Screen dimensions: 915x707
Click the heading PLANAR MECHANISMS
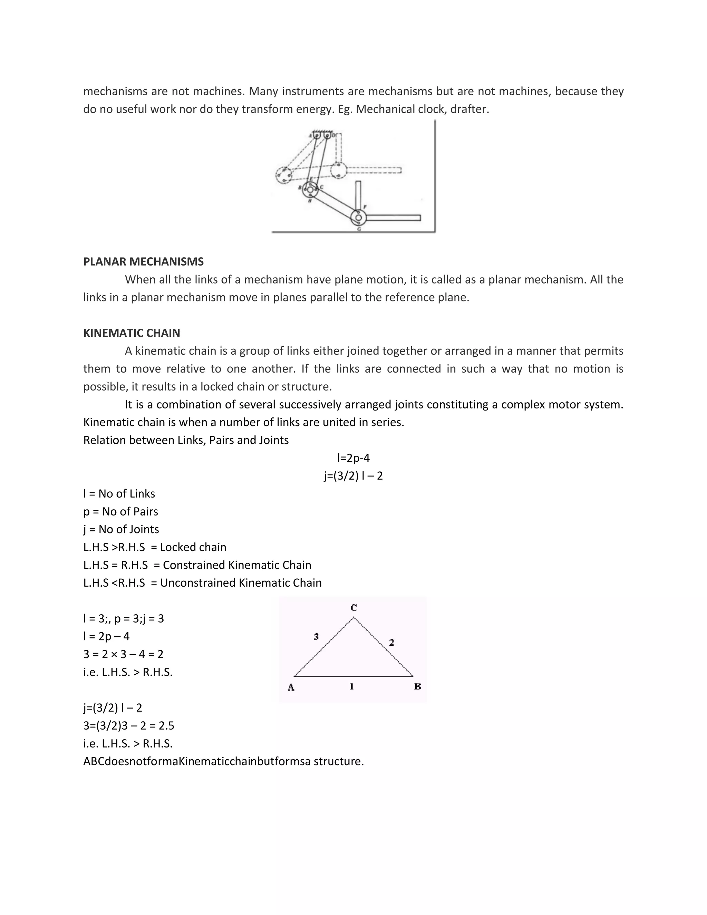(143, 261)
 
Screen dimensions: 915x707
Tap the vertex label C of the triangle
(353, 607)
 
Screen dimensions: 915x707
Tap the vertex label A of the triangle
(291, 687)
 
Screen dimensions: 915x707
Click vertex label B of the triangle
(417, 686)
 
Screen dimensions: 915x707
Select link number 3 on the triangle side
(316, 637)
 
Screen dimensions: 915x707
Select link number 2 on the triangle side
(391, 642)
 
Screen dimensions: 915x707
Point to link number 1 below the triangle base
(352, 686)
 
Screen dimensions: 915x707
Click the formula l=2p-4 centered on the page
(353, 458)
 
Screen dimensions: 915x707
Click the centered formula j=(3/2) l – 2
(353, 476)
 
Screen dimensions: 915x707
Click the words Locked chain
(193, 547)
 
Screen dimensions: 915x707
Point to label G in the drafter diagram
(359, 229)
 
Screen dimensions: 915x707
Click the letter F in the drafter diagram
(365, 207)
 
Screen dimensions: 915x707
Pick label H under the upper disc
(310, 201)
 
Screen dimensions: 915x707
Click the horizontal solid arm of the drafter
(394, 218)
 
